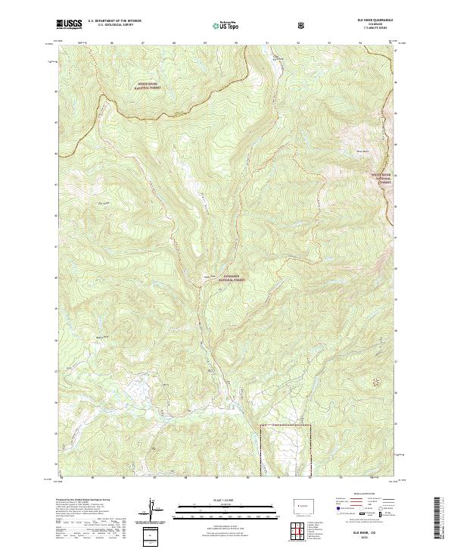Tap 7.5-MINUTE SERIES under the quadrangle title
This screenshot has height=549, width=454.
point(371,30)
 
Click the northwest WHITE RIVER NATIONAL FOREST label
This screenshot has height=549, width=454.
point(150,86)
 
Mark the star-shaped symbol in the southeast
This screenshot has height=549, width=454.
point(376,383)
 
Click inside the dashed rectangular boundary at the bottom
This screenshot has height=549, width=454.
point(285,451)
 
